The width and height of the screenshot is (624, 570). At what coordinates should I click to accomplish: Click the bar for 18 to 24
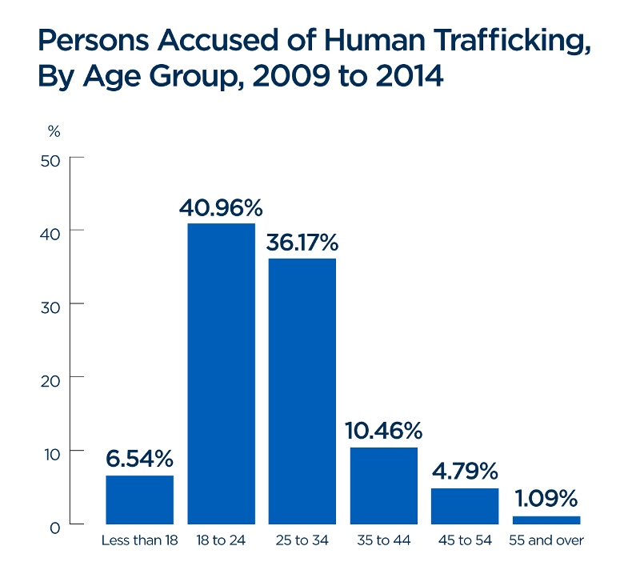click(221, 374)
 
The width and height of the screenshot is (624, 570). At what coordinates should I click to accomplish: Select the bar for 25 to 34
click(302, 391)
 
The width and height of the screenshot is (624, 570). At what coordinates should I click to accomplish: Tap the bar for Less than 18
click(139, 500)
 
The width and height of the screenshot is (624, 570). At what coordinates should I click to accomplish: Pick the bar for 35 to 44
click(384, 486)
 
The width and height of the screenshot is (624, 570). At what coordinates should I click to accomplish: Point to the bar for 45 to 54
click(465, 506)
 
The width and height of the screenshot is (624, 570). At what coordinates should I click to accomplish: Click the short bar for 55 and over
click(546, 520)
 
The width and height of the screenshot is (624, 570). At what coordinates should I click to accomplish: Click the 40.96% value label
click(221, 208)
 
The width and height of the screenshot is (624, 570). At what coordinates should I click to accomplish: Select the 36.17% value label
click(302, 243)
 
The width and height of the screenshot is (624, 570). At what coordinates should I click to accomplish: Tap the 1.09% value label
click(546, 500)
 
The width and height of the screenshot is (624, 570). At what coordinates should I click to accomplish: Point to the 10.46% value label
click(384, 432)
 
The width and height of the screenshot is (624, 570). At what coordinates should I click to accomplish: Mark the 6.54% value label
click(139, 460)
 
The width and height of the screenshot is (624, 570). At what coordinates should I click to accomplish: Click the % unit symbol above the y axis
click(54, 130)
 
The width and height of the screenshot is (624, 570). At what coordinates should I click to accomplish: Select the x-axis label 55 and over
click(546, 540)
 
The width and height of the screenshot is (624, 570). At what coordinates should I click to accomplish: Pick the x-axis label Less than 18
click(139, 540)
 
